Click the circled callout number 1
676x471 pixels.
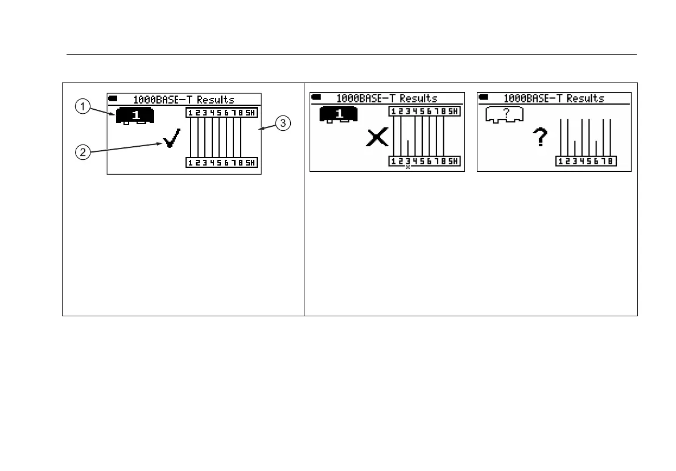tap(83, 106)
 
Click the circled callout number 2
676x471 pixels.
tap(83, 152)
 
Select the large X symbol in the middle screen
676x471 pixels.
tap(377, 137)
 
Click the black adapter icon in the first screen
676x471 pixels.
tap(136, 116)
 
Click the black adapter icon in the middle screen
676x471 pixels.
tap(339, 114)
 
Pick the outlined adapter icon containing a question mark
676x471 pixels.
tap(505, 115)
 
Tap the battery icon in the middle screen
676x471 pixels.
tap(316, 98)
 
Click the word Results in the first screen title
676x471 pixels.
tap(216, 100)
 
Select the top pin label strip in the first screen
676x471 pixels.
tap(221, 113)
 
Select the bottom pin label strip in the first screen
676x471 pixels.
tap(221, 163)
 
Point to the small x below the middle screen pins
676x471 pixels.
tap(408, 167)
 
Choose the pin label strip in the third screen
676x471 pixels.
tap(585, 162)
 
